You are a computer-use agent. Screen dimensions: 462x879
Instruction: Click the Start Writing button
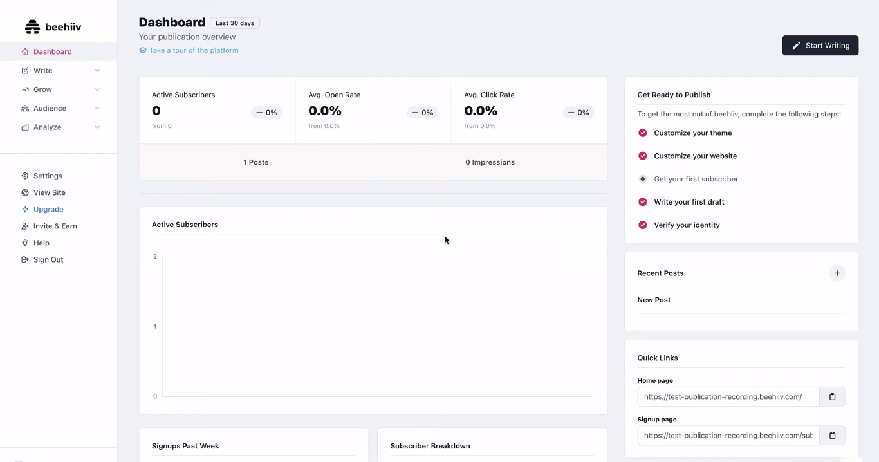(820, 46)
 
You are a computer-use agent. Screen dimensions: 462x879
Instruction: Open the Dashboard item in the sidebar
(52, 52)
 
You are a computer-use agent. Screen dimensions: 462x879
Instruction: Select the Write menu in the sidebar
(43, 71)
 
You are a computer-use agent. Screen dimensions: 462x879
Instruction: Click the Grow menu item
(42, 89)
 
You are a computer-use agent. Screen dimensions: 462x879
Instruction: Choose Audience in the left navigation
(50, 108)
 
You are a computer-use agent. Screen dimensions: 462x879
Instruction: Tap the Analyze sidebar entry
(47, 127)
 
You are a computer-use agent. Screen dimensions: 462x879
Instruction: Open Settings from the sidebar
(48, 176)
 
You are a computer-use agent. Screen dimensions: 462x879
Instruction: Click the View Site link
(49, 192)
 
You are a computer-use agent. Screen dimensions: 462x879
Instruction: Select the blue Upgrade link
(48, 209)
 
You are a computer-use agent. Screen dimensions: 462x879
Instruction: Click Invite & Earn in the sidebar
(55, 226)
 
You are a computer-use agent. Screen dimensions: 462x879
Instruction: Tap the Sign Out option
(48, 259)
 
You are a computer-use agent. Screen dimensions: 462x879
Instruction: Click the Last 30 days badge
(234, 23)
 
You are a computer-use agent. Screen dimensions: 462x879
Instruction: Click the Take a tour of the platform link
(193, 50)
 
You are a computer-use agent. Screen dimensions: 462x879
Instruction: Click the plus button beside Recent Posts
(837, 273)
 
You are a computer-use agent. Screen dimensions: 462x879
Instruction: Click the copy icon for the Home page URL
(832, 397)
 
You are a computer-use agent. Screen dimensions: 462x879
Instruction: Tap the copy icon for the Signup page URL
(832, 436)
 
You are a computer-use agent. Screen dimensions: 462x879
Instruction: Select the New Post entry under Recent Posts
(654, 300)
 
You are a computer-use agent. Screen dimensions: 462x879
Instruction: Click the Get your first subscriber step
(696, 179)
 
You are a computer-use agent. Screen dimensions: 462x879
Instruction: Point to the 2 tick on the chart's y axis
(155, 257)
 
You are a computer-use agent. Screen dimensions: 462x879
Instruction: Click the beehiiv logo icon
(32, 27)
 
